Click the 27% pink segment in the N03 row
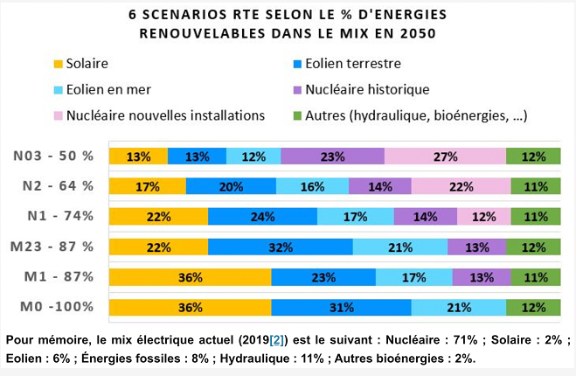point(445,157)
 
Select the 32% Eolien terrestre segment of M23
point(280,247)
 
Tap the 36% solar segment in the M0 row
point(190,307)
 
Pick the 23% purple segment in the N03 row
point(332,157)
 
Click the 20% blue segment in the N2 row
point(231,186)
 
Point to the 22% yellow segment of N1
point(158,216)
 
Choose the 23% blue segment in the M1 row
point(323,277)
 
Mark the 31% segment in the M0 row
point(341,307)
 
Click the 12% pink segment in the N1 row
point(483,216)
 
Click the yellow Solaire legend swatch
point(59,64)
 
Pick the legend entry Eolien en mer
point(113,89)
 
